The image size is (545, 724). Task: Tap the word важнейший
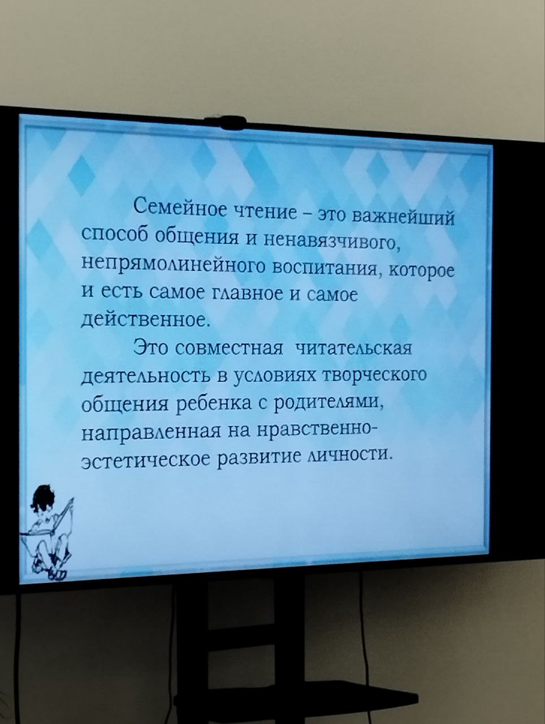point(404,217)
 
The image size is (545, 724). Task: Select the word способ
point(114,235)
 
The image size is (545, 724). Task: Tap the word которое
point(422,273)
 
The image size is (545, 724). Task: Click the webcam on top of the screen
point(224,122)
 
